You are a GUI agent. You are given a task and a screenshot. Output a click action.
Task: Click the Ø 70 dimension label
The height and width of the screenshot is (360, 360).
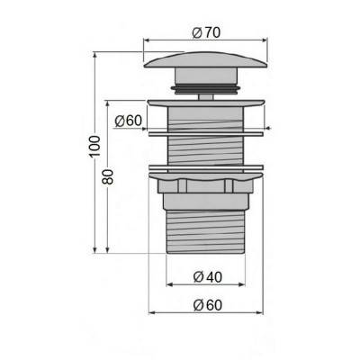(x=206, y=32)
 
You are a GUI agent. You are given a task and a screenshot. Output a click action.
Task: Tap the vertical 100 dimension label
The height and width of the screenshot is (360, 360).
(x=94, y=147)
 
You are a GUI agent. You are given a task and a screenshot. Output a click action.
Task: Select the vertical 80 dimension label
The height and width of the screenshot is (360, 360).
(x=108, y=176)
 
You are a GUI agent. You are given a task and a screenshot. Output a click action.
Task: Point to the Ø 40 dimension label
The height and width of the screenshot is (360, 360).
(x=208, y=276)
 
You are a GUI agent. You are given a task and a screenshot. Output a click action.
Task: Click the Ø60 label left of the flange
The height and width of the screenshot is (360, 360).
(x=128, y=121)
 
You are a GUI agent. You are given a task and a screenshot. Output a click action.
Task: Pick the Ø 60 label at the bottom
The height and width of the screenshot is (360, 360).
(x=208, y=305)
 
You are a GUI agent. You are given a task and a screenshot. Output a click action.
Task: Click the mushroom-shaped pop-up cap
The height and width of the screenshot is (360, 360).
(x=206, y=60)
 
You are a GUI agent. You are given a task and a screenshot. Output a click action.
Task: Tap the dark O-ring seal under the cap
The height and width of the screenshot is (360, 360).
(x=206, y=89)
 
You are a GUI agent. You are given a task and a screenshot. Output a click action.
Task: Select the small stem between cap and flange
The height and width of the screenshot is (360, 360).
(x=206, y=96)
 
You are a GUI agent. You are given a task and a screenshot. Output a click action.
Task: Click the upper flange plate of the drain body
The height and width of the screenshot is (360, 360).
(x=206, y=103)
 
